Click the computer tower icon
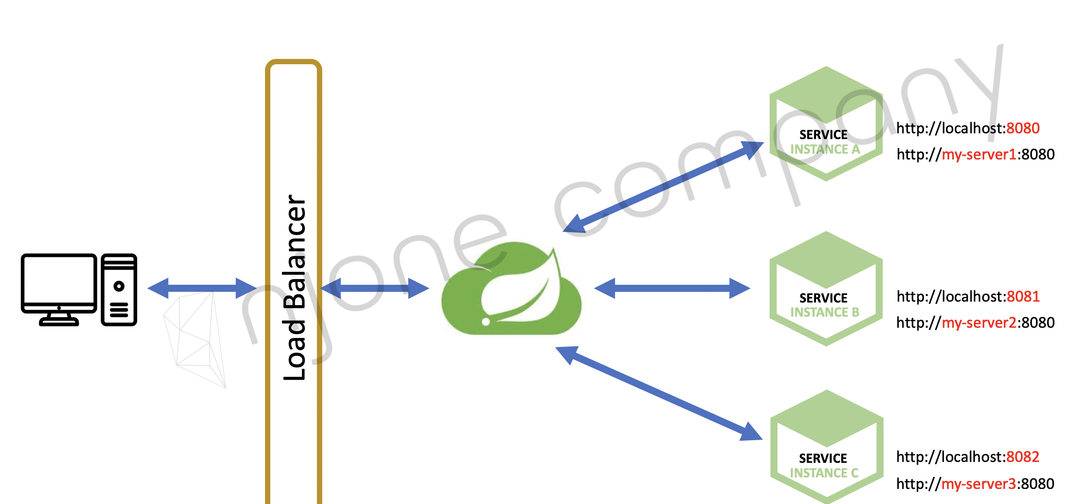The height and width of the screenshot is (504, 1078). (119, 290)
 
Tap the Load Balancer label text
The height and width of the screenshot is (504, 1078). (294, 288)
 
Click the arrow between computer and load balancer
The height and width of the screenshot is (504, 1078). (202, 288)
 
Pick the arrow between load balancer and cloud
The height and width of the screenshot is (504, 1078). (374, 288)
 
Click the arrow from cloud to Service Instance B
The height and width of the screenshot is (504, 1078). (672, 288)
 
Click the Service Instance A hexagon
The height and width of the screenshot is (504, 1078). (826, 124)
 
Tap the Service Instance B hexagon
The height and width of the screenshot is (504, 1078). (826, 288)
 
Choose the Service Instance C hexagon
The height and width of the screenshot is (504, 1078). (826, 447)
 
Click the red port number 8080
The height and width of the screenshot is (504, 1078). (1023, 128)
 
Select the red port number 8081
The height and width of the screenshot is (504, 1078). (1023, 296)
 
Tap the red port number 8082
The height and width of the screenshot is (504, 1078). (1023, 457)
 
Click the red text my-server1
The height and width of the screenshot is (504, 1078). (979, 155)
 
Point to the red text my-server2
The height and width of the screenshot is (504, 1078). (979, 323)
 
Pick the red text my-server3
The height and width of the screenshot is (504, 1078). (979, 484)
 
